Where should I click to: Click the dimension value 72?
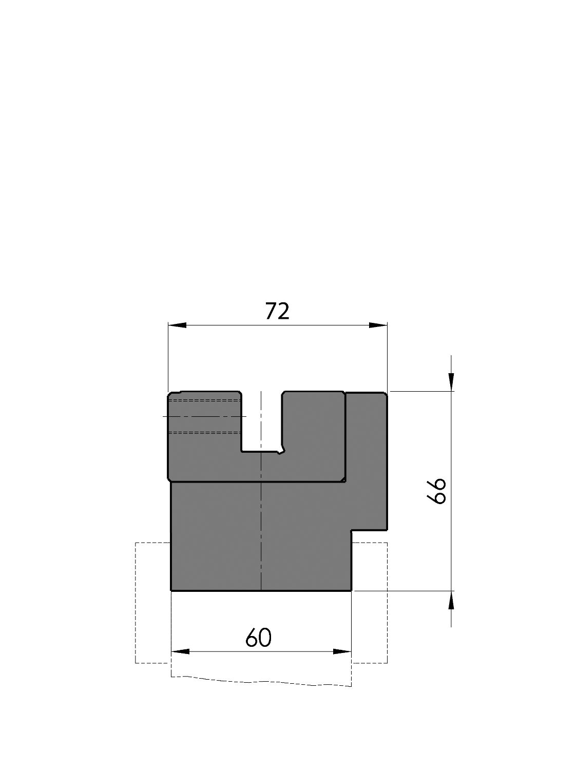point(277,312)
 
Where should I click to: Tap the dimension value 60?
point(258,638)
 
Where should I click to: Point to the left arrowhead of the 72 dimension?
point(177,325)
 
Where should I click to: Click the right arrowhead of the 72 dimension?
point(378,325)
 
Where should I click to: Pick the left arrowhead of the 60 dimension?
point(180,651)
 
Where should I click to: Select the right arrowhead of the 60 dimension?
point(342,651)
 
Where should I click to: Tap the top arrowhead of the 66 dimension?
point(451,381)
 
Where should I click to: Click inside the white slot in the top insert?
point(261,421)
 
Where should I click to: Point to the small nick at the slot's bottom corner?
point(280,452)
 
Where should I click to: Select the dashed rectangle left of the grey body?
point(152,603)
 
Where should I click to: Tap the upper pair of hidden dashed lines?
point(205,400)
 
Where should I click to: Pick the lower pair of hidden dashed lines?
point(205,433)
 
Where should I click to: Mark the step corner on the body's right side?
point(352,530)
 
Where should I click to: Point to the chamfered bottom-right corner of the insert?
point(343,480)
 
